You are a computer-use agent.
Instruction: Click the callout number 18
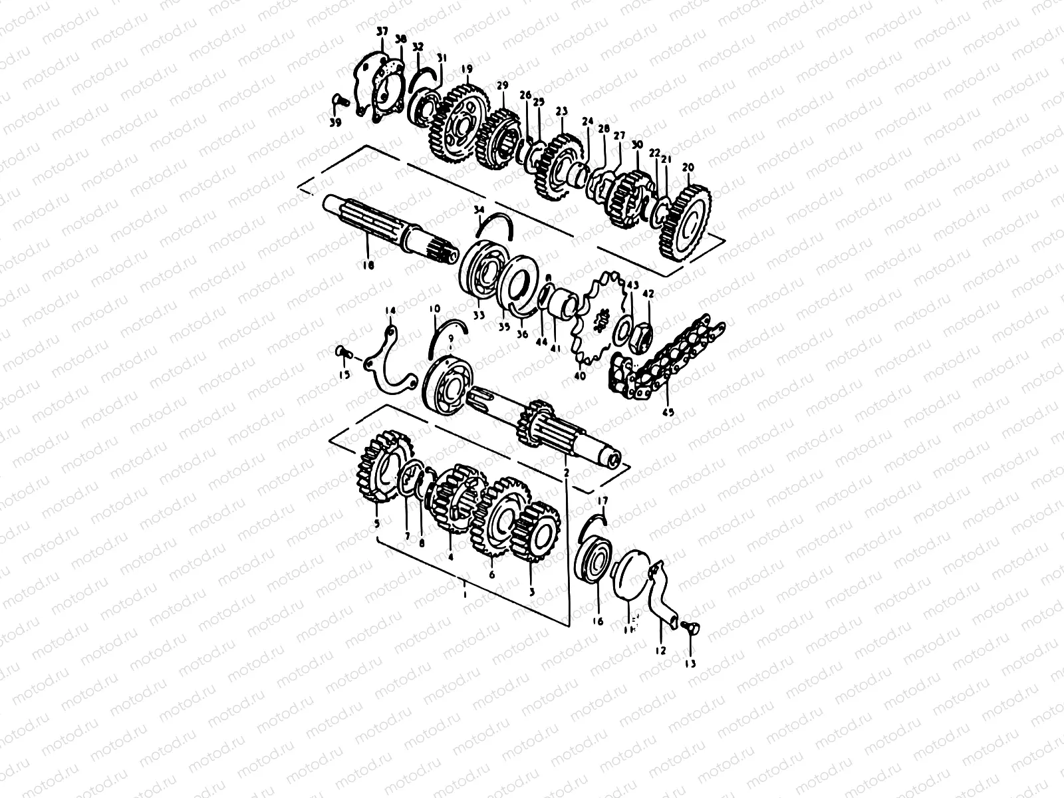[368, 265]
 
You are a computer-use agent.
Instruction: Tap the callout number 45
[668, 412]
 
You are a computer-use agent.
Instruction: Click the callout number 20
[688, 167]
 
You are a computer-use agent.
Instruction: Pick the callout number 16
[597, 621]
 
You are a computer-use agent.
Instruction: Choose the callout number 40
[579, 376]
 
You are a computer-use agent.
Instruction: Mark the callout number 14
[390, 311]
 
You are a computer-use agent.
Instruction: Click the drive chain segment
[665, 359]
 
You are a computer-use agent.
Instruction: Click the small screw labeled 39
[338, 101]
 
